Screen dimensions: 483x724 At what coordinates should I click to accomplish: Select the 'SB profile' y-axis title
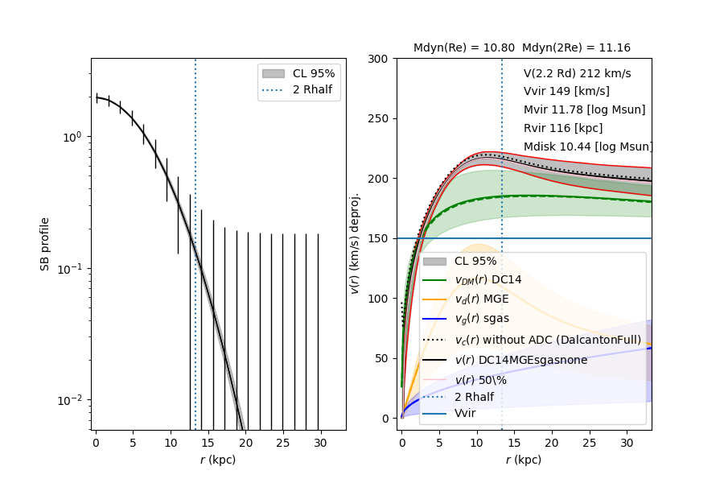[46, 243]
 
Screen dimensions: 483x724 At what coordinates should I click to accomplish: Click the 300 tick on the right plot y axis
[380, 59]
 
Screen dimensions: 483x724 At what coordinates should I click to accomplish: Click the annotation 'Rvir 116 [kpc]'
[562, 128]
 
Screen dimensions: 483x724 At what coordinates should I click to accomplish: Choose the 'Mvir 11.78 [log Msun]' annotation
[584, 109]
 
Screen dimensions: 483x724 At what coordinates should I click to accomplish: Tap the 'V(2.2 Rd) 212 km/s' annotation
[577, 73]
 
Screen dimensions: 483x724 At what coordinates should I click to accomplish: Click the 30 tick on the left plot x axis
[321, 443]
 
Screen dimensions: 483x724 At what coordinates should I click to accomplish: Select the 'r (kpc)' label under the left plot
[218, 460]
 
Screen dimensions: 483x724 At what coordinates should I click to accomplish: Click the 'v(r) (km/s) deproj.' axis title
[355, 243]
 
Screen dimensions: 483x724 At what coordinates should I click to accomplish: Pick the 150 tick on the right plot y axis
[380, 238]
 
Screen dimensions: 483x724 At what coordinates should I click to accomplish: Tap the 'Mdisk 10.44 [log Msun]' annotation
[587, 147]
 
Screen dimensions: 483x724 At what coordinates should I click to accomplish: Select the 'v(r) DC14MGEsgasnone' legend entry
[520, 360]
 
